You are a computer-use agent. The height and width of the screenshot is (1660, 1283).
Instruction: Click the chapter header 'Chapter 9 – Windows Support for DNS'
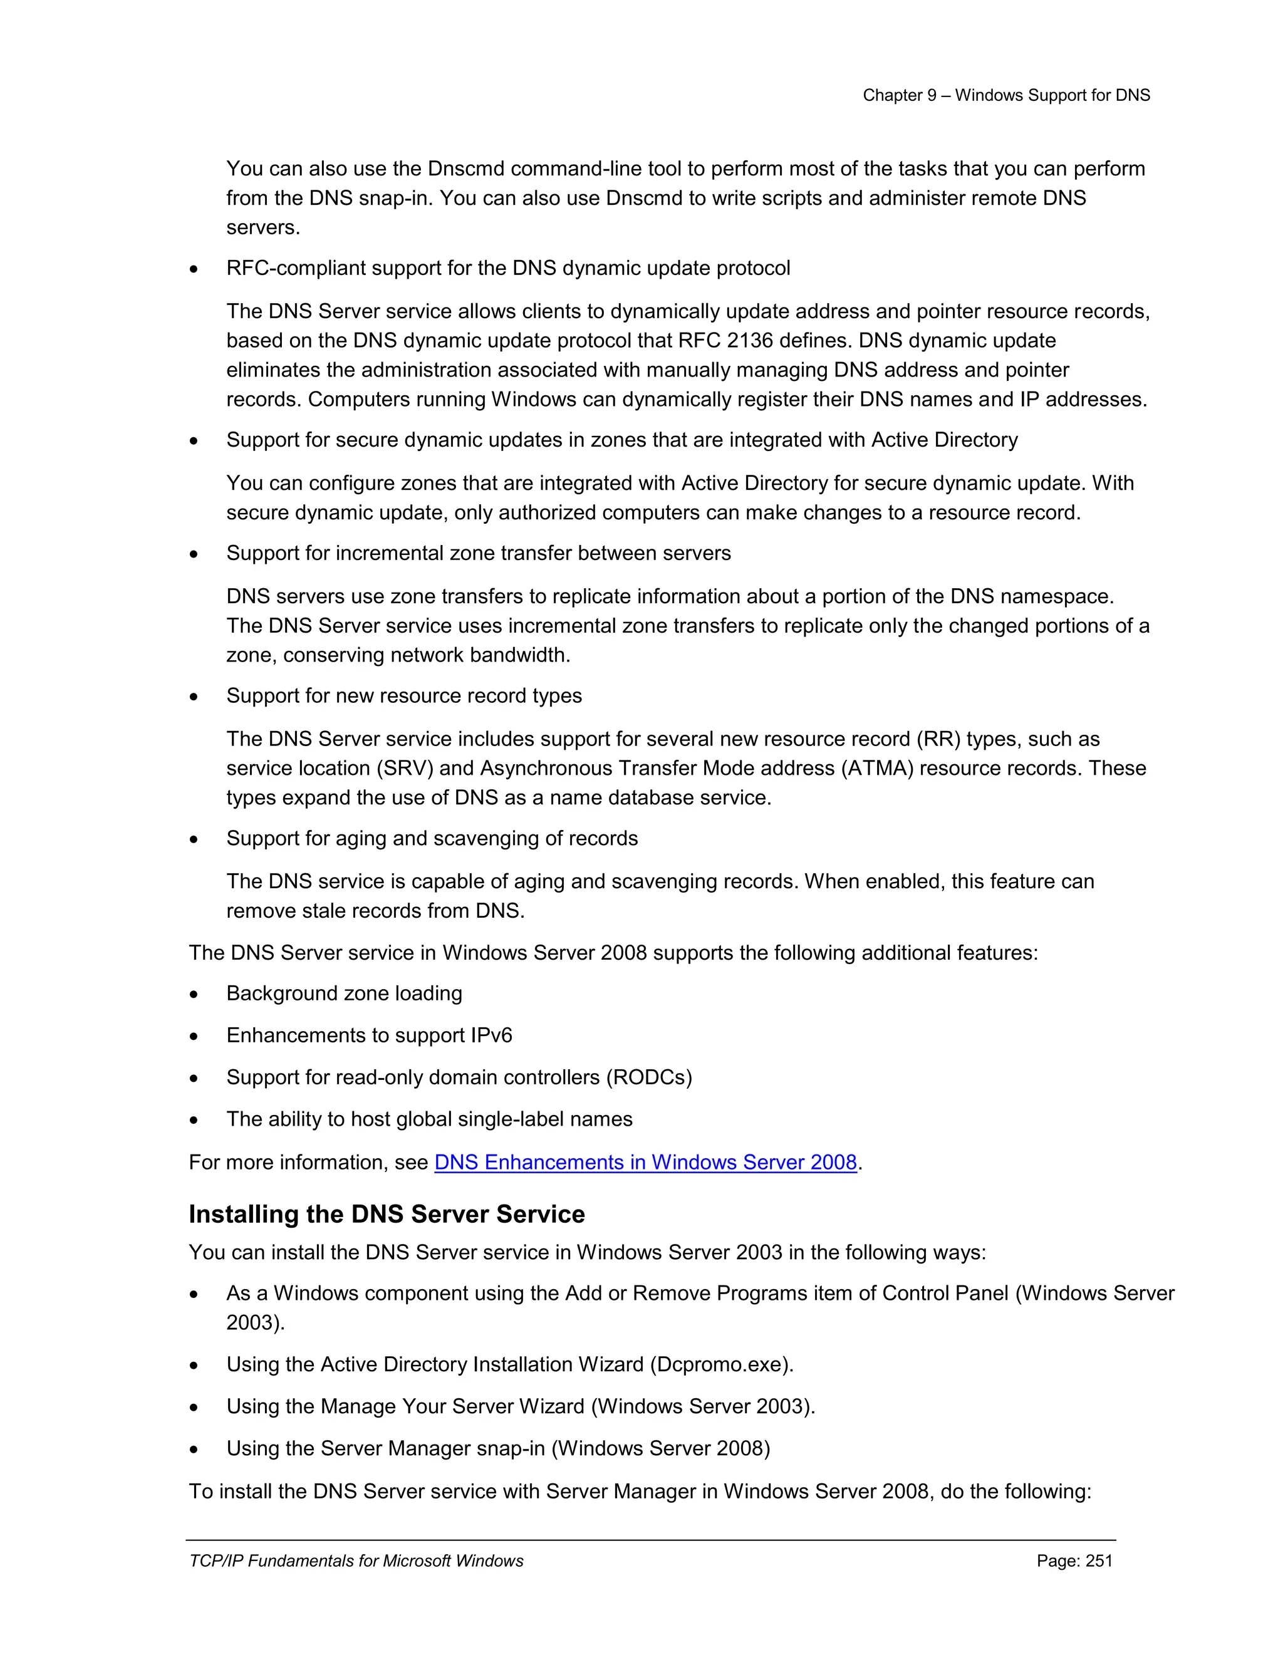1005,95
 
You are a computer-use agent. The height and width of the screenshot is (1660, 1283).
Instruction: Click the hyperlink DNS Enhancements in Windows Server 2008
645,1162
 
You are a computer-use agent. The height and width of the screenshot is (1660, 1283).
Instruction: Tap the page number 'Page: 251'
1074,1560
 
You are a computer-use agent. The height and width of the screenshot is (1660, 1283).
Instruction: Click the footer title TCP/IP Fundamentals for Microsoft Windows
356,1560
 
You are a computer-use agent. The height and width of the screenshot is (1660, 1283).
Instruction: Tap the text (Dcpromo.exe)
721,1364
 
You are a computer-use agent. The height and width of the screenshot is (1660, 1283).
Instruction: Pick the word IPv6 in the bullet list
491,1035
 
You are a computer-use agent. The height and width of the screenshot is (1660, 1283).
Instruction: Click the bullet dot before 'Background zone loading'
195,995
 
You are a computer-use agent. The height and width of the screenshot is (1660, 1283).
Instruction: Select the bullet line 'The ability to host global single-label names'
429,1119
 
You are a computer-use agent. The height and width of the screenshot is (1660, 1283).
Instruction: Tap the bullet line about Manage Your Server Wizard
520,1406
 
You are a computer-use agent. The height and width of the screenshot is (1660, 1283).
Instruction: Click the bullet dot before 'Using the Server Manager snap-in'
195,1450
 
